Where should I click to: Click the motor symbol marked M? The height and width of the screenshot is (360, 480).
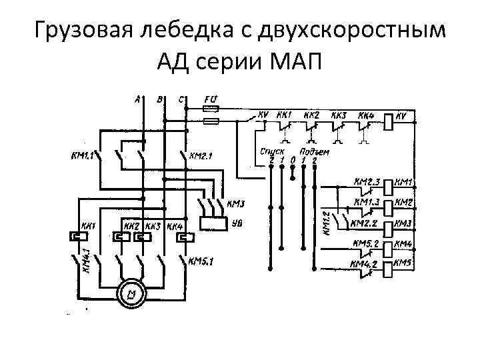(x=131, y=293)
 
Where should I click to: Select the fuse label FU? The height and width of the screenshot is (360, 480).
(x=210, y=101)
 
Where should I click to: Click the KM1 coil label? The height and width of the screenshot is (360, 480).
(x=405, y=181)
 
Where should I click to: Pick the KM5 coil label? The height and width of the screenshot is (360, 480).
(x=405, y=264)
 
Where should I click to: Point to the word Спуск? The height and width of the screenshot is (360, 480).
(x=272, y=151)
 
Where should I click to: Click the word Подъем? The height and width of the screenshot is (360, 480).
(x=314, y=152)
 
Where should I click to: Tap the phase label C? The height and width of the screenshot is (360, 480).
(x=181, y=100)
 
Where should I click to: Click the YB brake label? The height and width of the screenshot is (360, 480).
(x=237, y=224)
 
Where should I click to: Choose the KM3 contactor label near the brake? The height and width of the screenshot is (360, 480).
(x=236, y=203)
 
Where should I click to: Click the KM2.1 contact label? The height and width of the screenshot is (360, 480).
(x=201, y=157)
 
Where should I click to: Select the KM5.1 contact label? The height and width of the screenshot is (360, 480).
(x=199, y=261)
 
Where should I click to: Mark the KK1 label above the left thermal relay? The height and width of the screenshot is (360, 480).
(x=88, y=226)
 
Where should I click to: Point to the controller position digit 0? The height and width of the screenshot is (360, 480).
(x=293, y=160)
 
